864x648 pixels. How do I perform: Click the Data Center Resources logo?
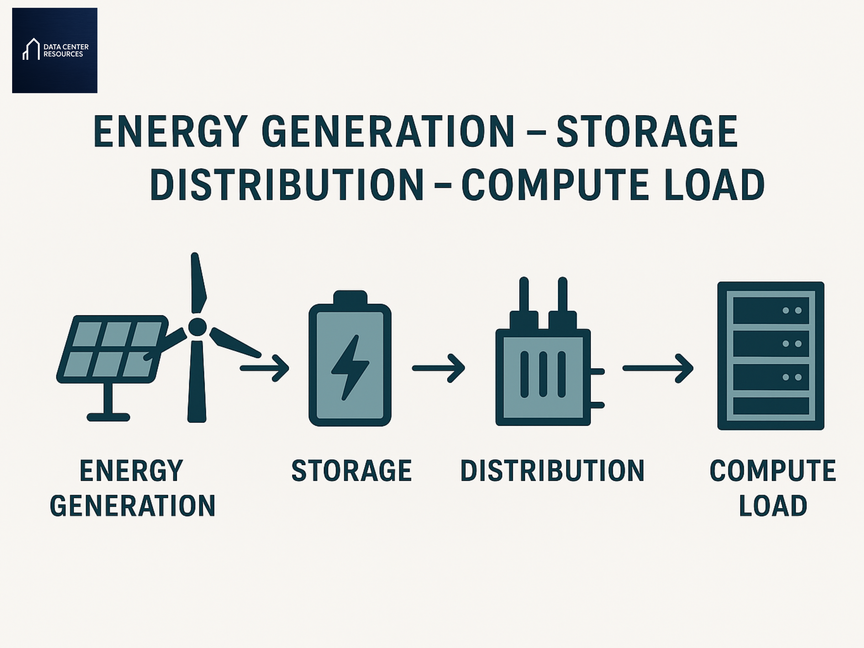point(55,50)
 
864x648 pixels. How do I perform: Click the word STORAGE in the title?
point(647,132)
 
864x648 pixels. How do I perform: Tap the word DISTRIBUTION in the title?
point(287,185)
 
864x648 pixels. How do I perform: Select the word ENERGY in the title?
point(170,132)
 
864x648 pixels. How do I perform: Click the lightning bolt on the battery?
point(350,367)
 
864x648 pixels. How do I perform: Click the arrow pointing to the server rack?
point(658,368)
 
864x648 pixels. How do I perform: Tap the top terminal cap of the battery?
point(350,297)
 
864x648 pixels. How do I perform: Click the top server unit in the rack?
point(770,311)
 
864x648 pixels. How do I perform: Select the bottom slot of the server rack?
point(770,406)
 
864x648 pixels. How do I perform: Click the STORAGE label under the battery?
point(351,471)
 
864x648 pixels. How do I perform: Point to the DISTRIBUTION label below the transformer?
point(552,471)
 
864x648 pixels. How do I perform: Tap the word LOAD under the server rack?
point(773,506)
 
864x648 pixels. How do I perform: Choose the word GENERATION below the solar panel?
point(133,506)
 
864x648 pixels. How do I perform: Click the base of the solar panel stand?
point(108,417)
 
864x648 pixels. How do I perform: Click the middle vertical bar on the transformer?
point(543,374)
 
